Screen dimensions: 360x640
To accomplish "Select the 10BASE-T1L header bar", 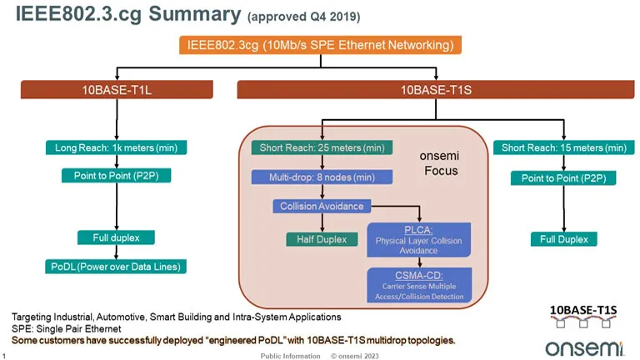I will tap(117, 89).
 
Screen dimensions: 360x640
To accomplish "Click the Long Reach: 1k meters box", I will tap(116, 147).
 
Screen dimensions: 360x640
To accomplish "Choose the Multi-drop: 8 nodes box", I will tap(310, 177).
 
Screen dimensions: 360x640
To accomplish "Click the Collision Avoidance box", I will tap(321, 206).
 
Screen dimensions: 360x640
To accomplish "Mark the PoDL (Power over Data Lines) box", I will tap(116, 267).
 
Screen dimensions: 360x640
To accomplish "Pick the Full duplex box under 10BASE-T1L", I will tap(116, 237).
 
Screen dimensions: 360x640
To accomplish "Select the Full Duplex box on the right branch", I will tap(563, 239).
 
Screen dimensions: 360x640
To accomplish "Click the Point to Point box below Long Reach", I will tap(116, 177).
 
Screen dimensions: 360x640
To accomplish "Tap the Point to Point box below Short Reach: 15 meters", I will tap(563, 178).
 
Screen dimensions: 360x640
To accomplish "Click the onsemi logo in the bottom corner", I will tap(581, 344).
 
